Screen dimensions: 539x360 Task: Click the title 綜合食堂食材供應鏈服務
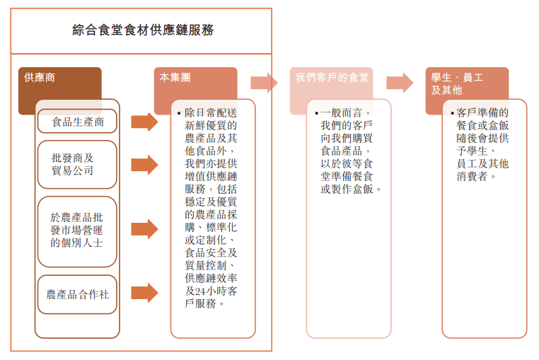click(143, 30)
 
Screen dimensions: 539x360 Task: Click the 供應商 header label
click(40, 77)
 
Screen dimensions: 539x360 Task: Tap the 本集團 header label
click(175, 77)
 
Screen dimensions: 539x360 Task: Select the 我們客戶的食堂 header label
click(332, 77)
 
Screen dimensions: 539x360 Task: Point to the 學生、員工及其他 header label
click(457, 83)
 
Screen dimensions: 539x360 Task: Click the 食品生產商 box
click(77, 121)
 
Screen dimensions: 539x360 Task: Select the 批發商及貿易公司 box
click(77, 164)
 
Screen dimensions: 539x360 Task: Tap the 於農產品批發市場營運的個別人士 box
click(77, 231)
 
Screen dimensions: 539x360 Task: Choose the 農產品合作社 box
click(77, 294)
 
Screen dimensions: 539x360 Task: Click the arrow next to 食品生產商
click(144, 122)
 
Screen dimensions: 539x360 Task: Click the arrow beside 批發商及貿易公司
click(144, 165)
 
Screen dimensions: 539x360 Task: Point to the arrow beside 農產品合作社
click(144, 293)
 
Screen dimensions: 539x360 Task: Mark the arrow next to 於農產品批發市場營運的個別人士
click(144, 228)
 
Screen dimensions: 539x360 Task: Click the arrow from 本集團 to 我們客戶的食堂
click(264, 83)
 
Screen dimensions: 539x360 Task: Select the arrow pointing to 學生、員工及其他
click(400, 83)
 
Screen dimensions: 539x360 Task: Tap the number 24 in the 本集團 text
click(200, 291)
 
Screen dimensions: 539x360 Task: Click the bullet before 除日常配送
click(179, 113)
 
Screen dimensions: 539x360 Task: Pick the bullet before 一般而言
click(317, 113)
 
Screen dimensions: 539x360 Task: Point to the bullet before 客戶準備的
click(453, 113)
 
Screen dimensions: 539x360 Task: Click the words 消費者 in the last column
click(472, 176)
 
